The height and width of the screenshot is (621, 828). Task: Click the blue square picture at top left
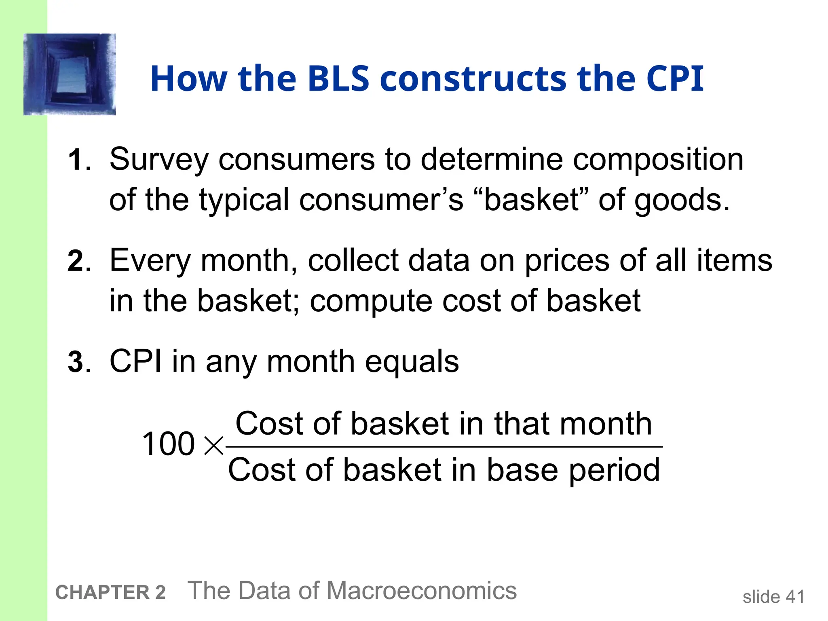[x=70, y=74]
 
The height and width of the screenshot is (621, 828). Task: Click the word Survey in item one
[x=159, y=160]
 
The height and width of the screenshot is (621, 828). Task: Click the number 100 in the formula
[x=169, y=444]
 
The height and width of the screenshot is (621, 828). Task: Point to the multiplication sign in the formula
[x=213, y=446]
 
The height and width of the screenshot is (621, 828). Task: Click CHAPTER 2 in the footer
[x=110, y=593]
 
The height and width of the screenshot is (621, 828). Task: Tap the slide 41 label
[x=773, y=597]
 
